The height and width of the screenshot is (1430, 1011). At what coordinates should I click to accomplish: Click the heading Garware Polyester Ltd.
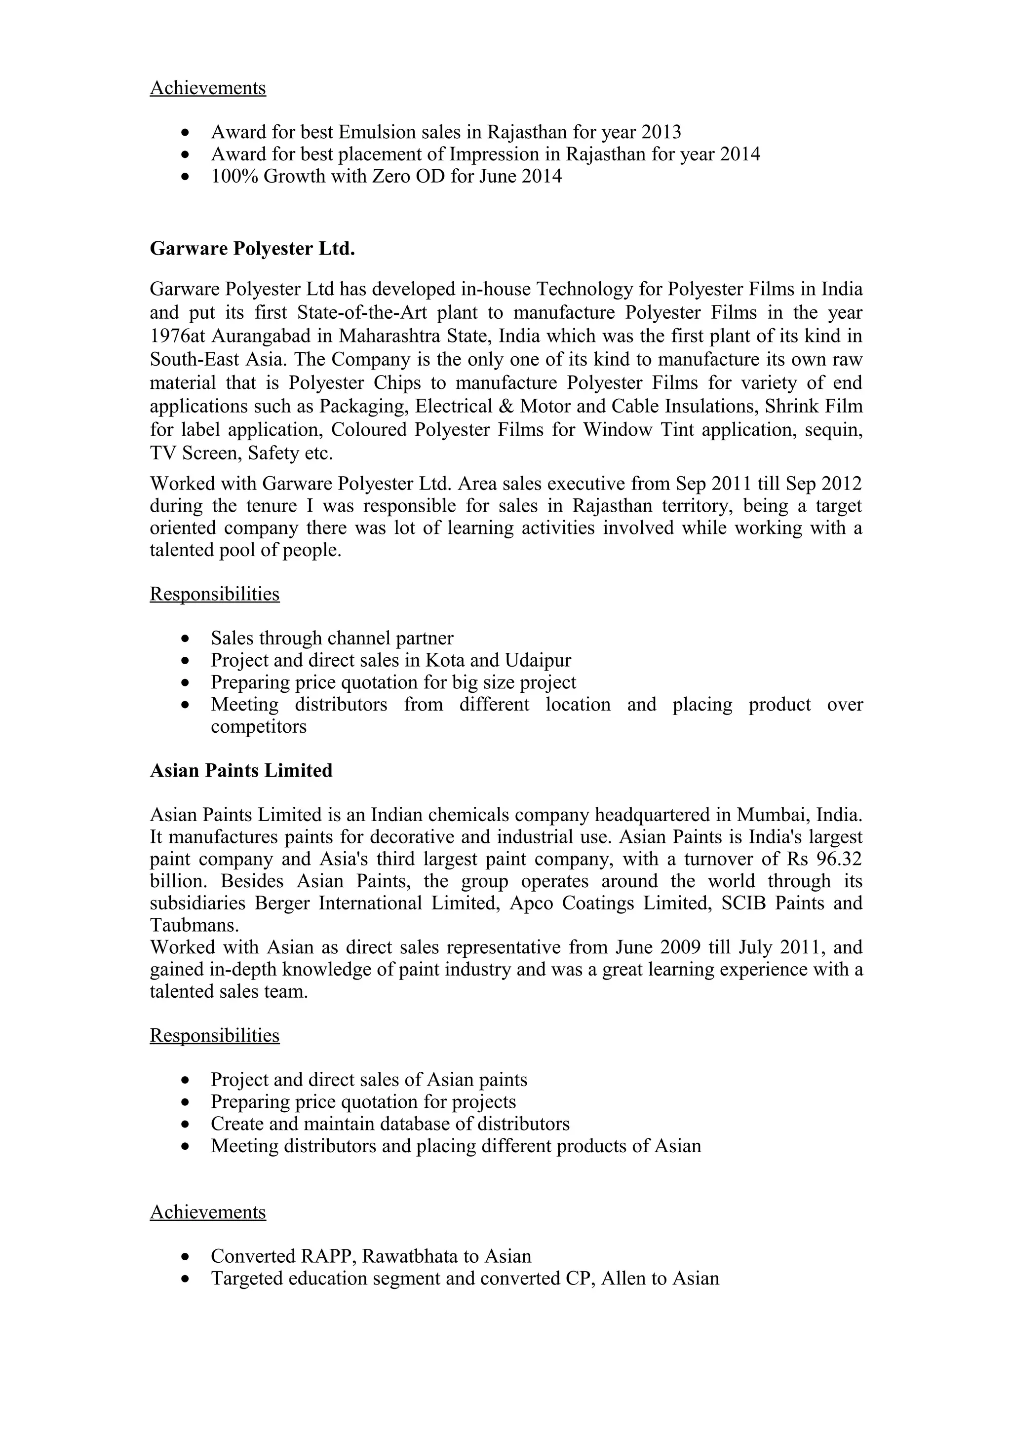tap(252, 249)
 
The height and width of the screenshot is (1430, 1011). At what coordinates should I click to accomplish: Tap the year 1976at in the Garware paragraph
tap(178, 337)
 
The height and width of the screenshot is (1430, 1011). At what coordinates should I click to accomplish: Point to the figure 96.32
tap(842, 859)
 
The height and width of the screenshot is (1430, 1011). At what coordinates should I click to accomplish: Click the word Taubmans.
tap(194, 925)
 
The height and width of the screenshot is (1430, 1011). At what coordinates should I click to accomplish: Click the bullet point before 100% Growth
tap(185, 177)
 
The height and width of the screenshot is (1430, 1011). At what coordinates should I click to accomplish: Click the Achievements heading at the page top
tap(207, 88)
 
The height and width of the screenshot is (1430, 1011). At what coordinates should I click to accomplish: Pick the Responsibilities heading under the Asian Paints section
tap(214, 1035)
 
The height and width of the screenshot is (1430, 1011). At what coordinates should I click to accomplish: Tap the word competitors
tap(259, 726)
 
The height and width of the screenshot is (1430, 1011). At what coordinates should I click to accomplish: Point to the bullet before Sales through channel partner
tap(185, 639)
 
